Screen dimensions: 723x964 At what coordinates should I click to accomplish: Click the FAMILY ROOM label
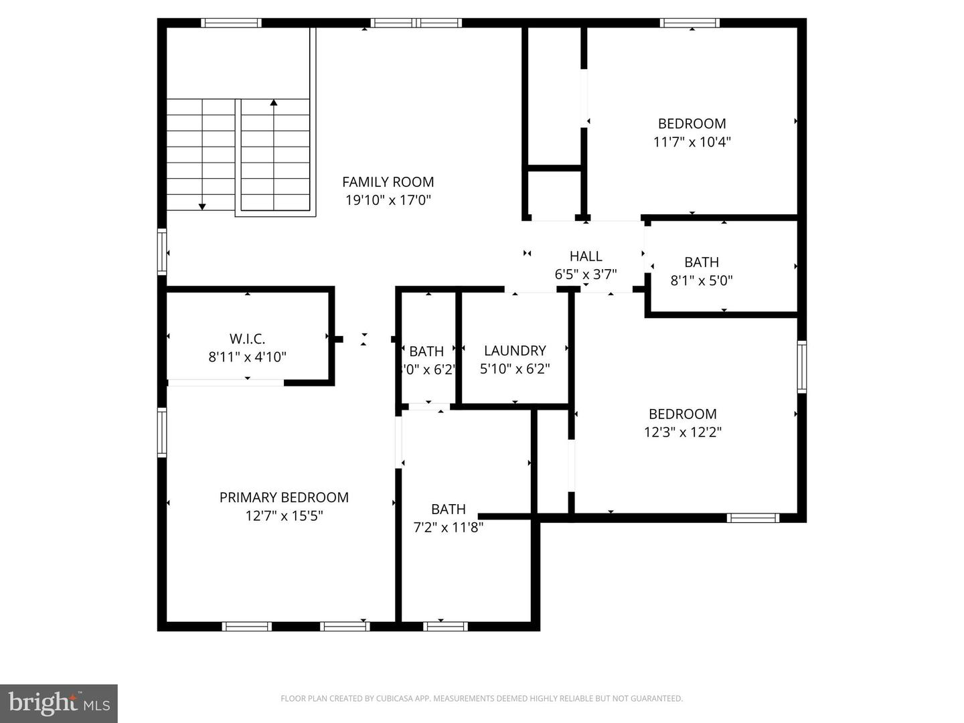388,182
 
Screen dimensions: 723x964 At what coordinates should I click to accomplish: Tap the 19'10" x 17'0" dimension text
388,199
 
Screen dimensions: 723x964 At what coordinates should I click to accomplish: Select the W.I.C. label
247,339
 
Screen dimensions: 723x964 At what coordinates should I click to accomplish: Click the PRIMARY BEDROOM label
284,497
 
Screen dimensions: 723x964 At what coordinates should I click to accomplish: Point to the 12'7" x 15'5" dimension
284,515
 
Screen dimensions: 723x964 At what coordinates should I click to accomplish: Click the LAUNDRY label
515,351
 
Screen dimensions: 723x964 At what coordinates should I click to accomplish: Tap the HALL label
586,256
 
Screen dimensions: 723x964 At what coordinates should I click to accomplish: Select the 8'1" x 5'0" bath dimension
702,280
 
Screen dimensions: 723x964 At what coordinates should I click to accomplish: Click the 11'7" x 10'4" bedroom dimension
692,142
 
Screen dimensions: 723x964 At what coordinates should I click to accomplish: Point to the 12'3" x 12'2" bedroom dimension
682,432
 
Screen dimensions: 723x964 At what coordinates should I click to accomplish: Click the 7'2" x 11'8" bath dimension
448,528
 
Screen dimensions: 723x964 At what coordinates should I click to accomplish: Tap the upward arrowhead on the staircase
274,103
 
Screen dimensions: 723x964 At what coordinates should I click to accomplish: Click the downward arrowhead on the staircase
202,206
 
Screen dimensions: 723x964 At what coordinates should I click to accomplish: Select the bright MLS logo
59,703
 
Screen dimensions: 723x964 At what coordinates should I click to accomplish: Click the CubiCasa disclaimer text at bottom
481,699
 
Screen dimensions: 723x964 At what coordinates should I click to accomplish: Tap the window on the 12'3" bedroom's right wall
801,366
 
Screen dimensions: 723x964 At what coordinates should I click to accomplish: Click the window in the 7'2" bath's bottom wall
446,627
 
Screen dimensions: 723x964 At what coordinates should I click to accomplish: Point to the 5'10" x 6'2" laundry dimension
515,369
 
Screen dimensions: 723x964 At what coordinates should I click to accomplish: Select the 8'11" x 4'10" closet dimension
247,357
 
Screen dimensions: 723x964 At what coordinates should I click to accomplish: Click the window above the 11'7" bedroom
690,23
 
